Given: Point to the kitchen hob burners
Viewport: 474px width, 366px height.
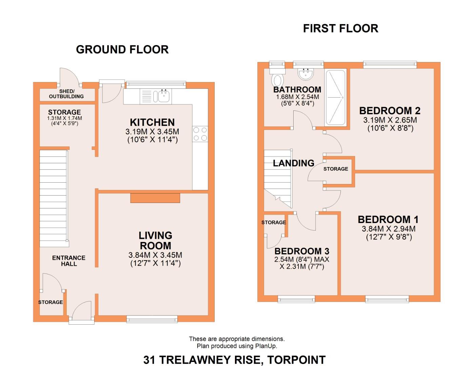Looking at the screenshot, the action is [x=200, y=134].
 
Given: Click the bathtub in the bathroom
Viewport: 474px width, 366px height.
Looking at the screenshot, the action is [x=335, y=98].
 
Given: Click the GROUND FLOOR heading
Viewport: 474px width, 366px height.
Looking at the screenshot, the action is [x=122, y=49].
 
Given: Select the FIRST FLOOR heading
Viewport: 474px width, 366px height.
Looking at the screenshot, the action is [x=340, y=28].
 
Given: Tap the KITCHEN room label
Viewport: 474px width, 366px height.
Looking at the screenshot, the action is [x=152, y=122].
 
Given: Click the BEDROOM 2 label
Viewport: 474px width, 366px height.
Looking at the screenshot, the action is [x=390, y=111].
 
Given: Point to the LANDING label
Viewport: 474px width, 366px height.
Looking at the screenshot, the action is [x=294, y=163].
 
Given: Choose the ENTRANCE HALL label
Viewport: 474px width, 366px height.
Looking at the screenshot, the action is [x=69, y=261].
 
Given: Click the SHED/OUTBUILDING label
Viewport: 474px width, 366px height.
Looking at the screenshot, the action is [x=66, y=94].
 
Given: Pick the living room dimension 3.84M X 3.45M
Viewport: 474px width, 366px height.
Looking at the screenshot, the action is [x=155, y=255].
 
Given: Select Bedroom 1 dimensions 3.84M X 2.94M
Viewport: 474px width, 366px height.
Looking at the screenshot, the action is [x=389, y=229].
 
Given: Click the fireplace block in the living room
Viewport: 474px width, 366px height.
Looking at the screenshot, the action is [x=155, y=198].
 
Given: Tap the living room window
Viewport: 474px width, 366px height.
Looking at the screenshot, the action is [x=152, y=320].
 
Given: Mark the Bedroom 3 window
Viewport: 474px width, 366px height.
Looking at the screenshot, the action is [x=296, y=299].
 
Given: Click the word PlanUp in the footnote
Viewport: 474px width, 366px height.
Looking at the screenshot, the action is [x=266, y=346].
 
